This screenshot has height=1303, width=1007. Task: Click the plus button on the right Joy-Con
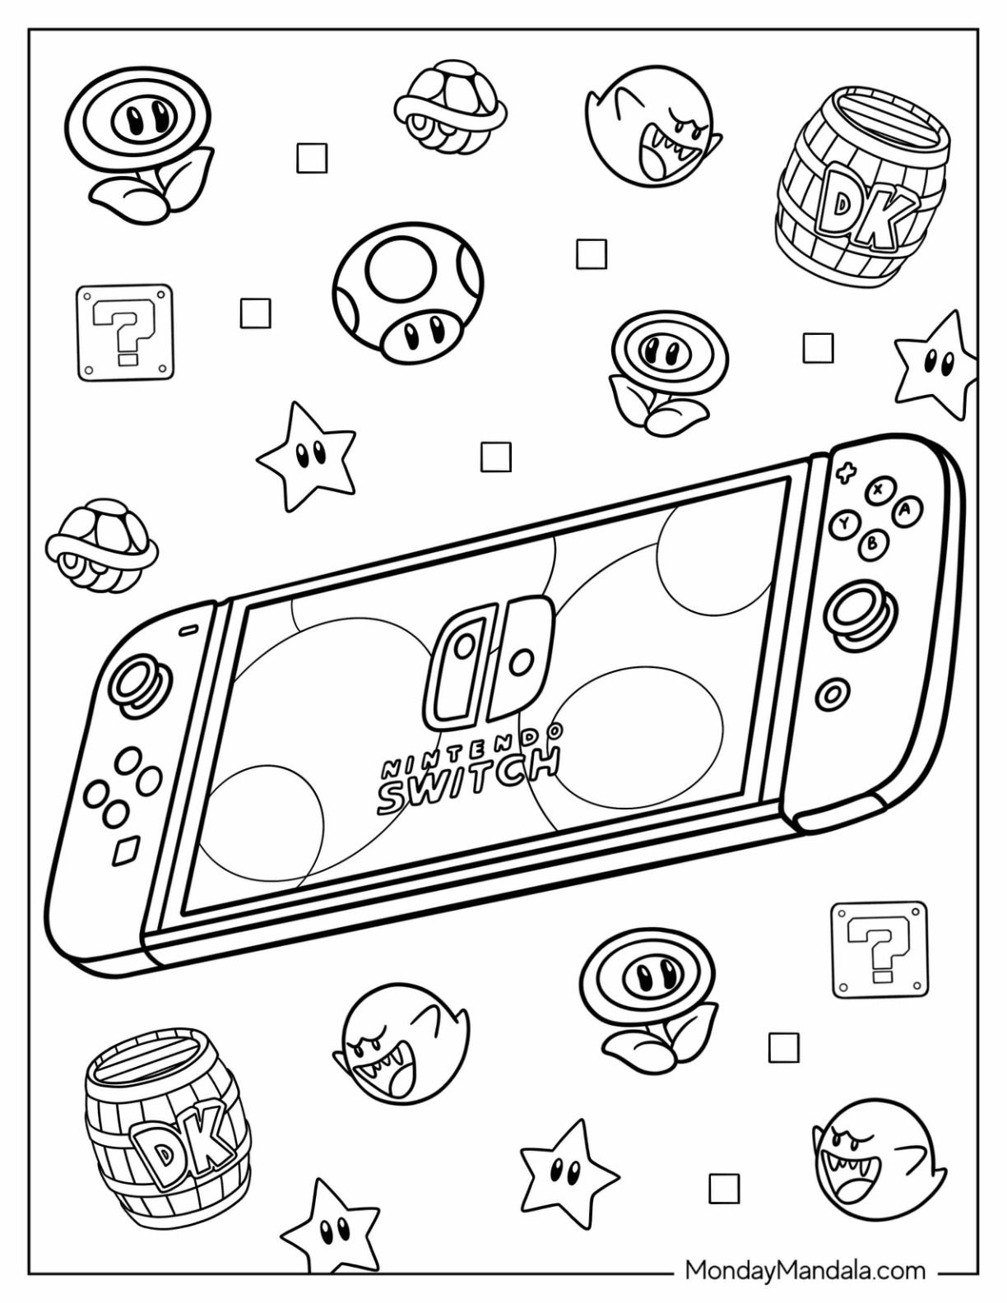click(847, 473)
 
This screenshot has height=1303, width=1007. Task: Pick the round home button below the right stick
click(833, 694)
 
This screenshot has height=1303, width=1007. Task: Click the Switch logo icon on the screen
click(488, 658)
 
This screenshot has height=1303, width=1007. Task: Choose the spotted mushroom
click(408, 293)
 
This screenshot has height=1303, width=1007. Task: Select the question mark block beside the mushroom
click(125, 332)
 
